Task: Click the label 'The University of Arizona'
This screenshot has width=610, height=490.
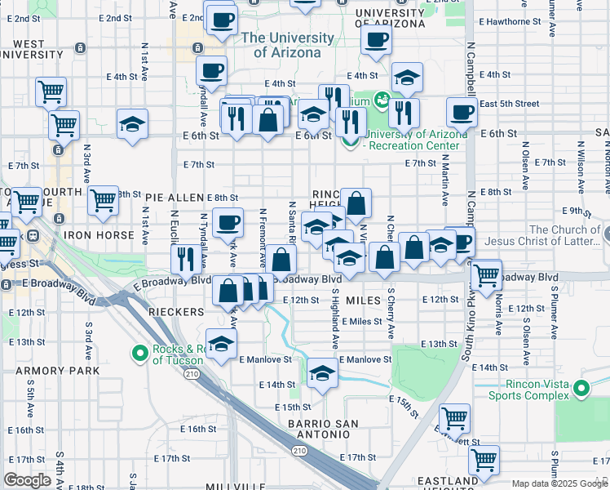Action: (x=282, y=45)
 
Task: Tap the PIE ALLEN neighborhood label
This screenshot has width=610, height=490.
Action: (x=175, y=198)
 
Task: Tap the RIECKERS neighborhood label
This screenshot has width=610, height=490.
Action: (x=175, y=312)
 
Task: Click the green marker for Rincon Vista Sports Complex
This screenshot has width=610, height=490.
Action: (x=581, y=389)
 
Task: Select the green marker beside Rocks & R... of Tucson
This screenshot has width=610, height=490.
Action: (x=139, y=354)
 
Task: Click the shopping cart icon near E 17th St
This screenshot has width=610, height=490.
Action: (x=484, y=461)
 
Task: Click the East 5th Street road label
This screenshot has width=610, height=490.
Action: (x=510, y=104)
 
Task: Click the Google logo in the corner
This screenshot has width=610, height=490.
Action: (x=28, y=480)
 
